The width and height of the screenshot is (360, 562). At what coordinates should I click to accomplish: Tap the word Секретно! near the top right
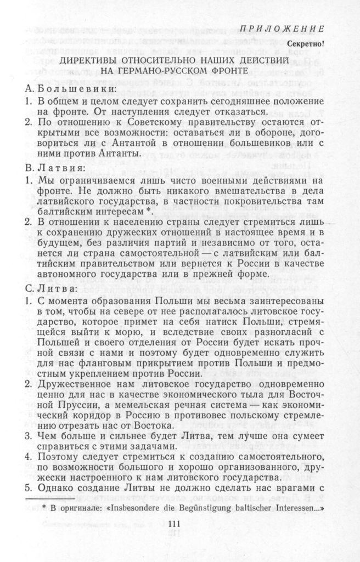click(x=305, y=44)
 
